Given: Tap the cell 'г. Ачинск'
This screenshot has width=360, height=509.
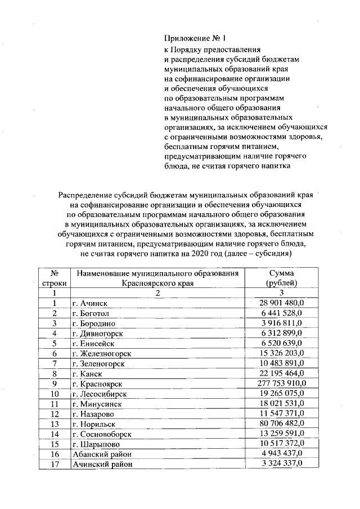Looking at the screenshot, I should (89, 303).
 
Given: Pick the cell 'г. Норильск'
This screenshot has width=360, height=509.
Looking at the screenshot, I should (93, 424).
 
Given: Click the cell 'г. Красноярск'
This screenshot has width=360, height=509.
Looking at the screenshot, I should (96, 384).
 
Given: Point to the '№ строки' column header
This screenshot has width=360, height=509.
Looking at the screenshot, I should (55, 278).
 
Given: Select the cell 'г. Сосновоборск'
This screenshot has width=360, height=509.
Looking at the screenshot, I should (101, 434).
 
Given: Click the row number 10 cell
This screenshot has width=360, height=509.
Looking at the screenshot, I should (55, 394).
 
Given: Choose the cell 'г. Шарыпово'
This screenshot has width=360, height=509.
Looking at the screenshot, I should (94, 444).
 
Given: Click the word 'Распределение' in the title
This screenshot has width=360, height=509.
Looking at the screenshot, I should (84, 195).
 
